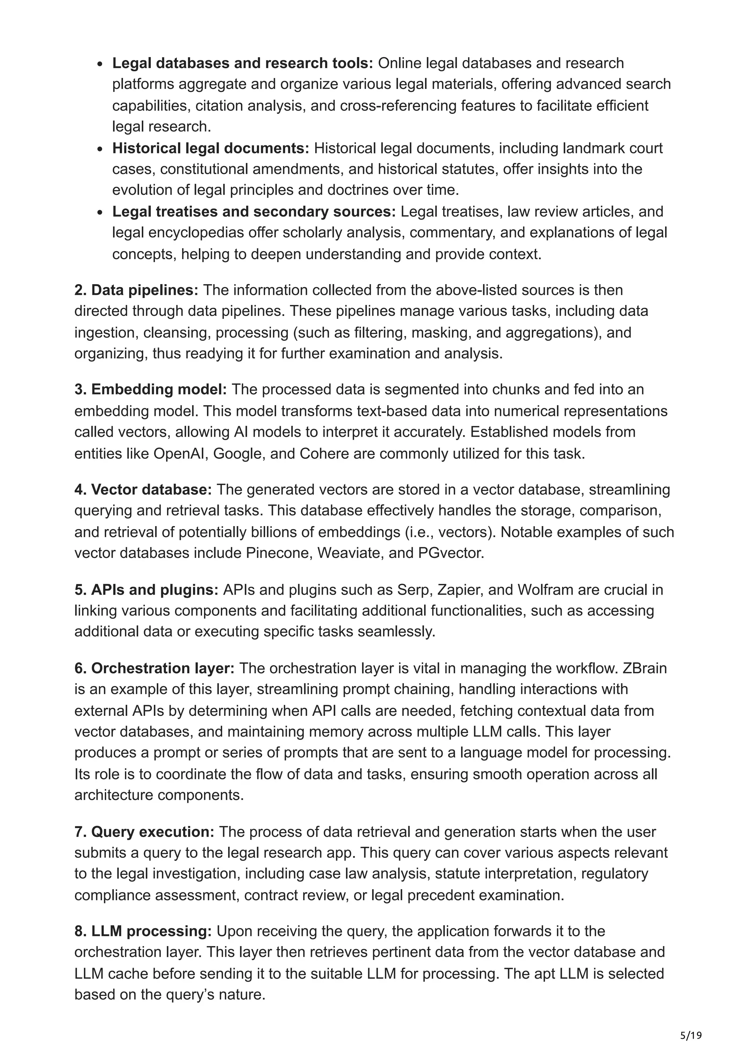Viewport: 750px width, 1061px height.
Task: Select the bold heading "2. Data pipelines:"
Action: coord(136,290)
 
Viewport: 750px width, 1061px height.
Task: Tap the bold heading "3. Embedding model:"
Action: coord(151,390)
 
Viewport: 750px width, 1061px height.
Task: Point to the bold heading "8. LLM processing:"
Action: coord(143,931)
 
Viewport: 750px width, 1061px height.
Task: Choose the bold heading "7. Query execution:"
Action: coord(144,832)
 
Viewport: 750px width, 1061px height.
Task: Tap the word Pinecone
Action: coord(279,553)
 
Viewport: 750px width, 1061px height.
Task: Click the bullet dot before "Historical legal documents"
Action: coord(100,149)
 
